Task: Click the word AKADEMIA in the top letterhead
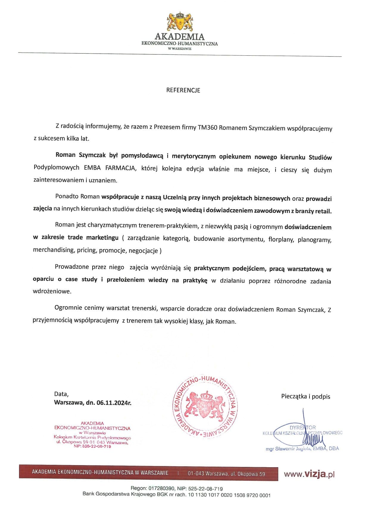pyautogui.click(x=179, y=37)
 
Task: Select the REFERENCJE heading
pyautogui.click(x=183, y=90)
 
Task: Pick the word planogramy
pyautogui.click(x=314, y=240)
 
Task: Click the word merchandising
pyautogui.click(x=53, y=250)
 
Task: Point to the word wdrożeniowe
pyautogui.click(x=52, y=291)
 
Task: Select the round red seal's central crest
pyautogui.click(x=205, y=405)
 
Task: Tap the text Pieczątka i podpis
pyautogui.click(x=306, y=396)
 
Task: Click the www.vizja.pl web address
pyautogui.click(x=309, y=474)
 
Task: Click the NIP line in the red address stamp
pyautogui.click(x=92, y=446)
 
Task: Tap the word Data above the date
pyautogui.click(x=61, y=394)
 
